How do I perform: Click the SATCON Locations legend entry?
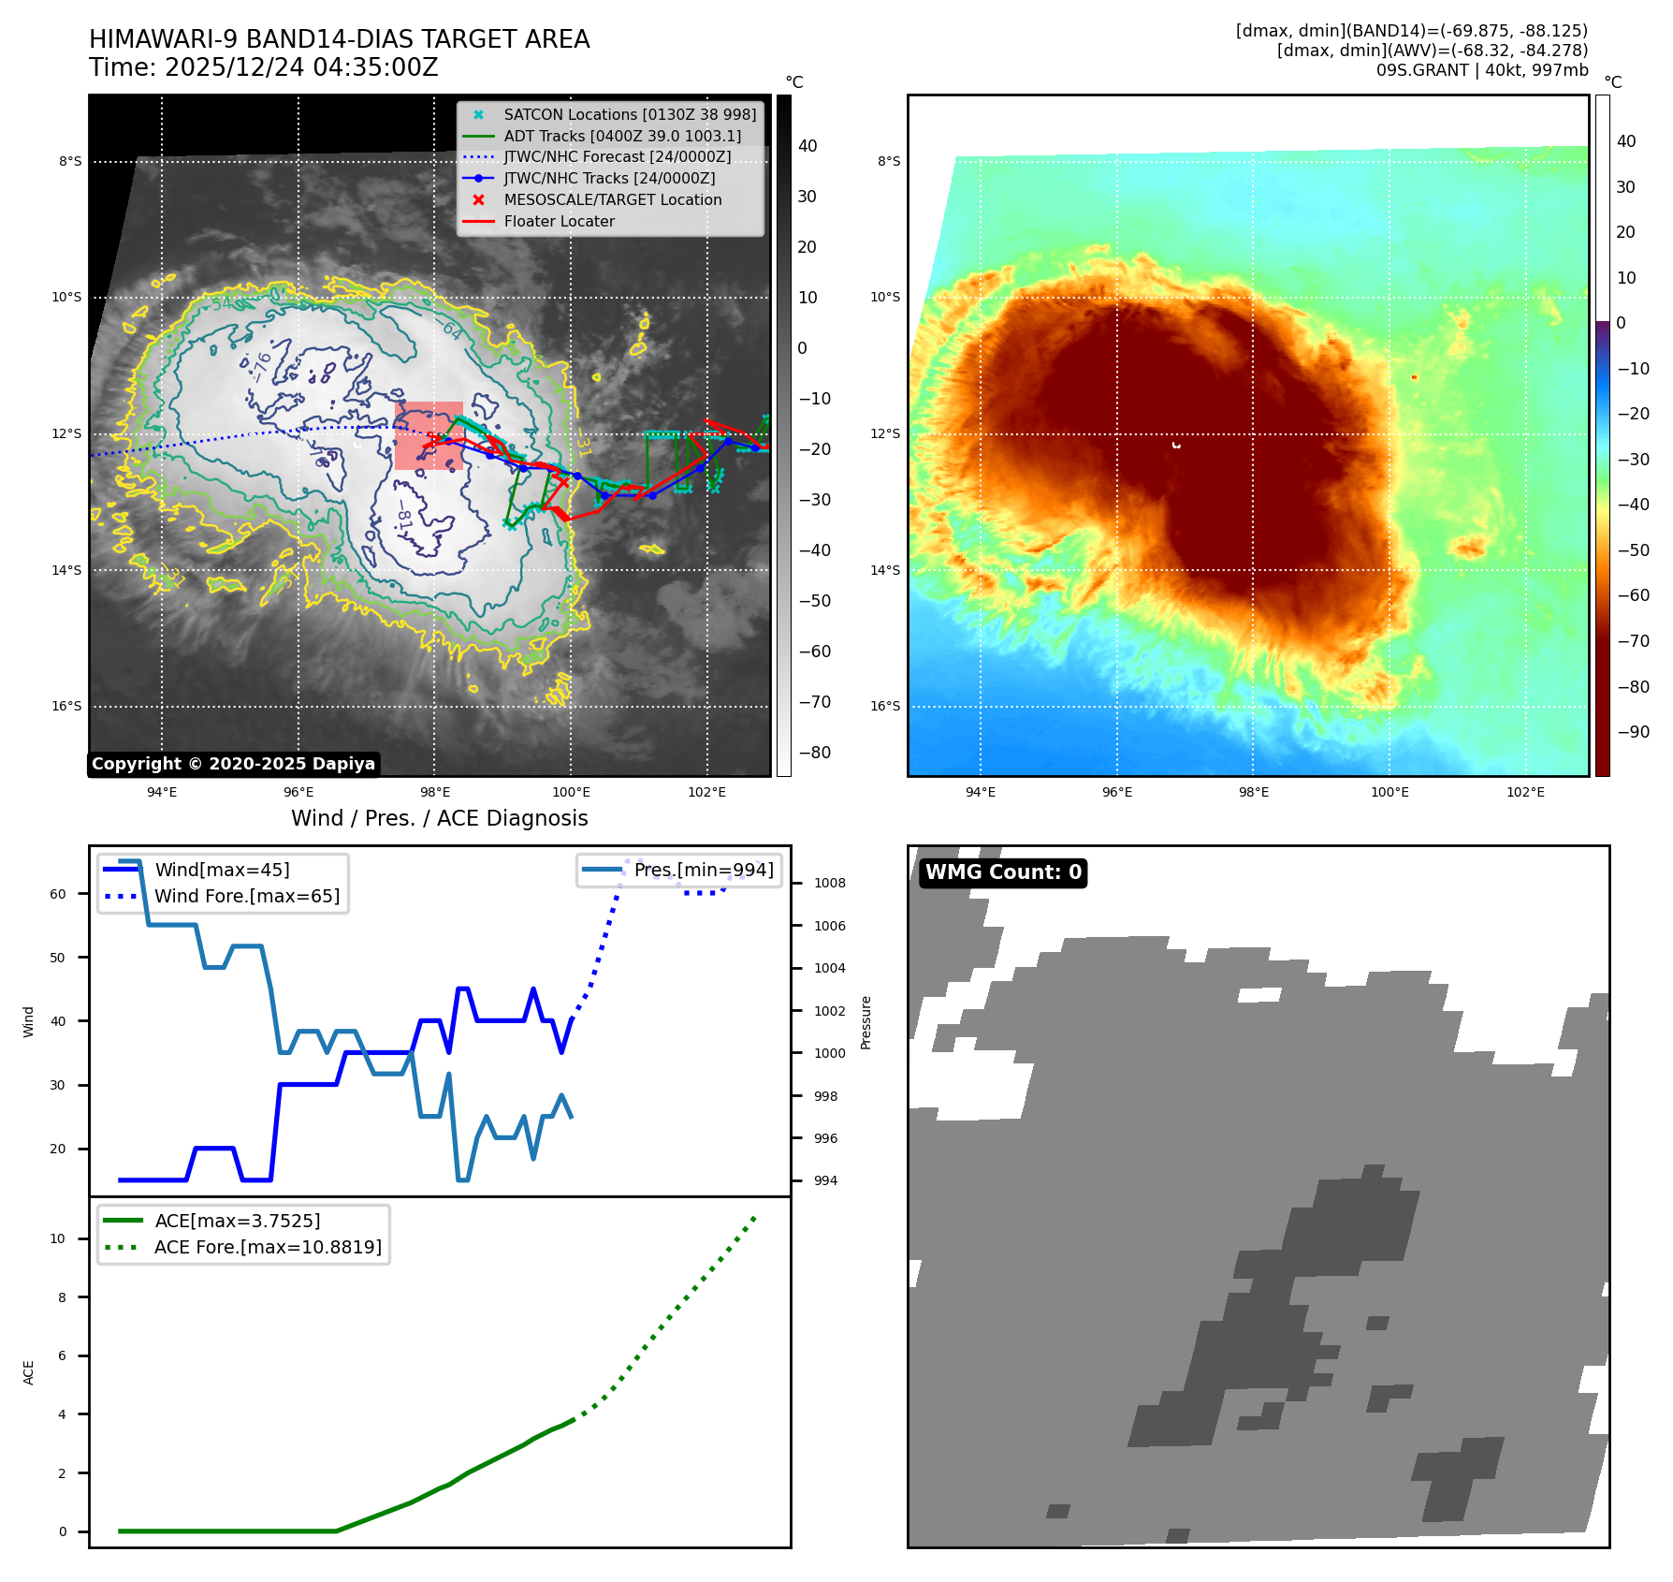(629, 114)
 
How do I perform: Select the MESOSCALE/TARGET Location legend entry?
(612, 199)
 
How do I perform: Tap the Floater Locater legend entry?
(559, 221)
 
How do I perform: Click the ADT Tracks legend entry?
(621, 136)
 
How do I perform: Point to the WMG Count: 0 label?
(1003, 872)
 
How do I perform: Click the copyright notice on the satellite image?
(233, 764)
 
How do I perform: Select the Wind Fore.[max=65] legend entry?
(246, 896)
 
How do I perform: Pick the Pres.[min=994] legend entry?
(703, 870)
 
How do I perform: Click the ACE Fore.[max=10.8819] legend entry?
(268, 1247)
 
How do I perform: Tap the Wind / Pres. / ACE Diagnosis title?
(439, 818)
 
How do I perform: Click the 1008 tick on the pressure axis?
(829, 883)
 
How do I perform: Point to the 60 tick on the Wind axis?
(58, 894)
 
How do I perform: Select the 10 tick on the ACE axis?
(58, 1238)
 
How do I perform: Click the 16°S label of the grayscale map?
(66, 706)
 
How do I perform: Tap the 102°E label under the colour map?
(1525, 792)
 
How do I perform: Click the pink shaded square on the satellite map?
(429, 435)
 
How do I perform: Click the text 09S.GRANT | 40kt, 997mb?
(1481, 70)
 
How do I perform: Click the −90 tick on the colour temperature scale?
(1633, 732)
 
